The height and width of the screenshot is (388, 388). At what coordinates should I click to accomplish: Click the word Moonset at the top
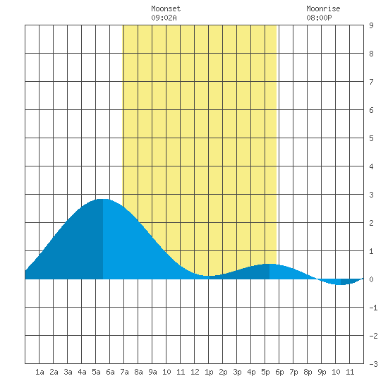click(x=166, y=8)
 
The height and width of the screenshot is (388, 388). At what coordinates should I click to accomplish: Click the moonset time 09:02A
click(x=164, y=18)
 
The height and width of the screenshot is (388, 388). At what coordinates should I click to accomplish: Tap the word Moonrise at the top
click(x=323, y=8)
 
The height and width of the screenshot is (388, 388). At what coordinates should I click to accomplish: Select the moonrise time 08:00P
click(x=319, y=18)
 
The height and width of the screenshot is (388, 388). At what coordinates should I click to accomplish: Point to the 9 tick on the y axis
click(x=371, y=25)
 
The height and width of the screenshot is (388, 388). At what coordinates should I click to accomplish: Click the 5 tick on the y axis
click(x=371, y=138)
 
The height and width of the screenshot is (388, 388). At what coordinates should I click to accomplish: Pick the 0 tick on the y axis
click(x=371, y=279)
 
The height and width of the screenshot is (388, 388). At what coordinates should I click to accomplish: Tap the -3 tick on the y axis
click(x=373, y=364)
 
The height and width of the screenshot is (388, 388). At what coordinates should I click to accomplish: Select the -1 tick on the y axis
click(x=373, y=308)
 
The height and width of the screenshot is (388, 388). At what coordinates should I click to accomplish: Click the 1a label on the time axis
click(x=40, y=372)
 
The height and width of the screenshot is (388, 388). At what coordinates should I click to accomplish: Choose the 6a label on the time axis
click(x=110, y=372)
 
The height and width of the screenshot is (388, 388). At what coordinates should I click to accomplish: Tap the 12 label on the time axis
click(x=195, y=372)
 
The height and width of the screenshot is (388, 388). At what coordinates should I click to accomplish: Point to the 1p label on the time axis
click(x=209, y=372)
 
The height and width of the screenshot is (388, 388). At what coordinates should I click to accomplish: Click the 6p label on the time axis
click(x=279, y=372)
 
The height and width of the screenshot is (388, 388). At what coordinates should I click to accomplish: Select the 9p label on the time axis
click(x=322, y=372)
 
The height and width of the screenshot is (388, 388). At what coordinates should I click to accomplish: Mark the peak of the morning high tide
click(x=103, y=199)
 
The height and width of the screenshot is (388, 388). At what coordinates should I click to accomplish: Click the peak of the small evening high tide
click(x=269, y=264)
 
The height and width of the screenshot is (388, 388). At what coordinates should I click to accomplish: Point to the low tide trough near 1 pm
click(x=209, y=276)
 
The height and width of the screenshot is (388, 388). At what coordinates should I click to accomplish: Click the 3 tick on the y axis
click(x=371, y=195)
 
